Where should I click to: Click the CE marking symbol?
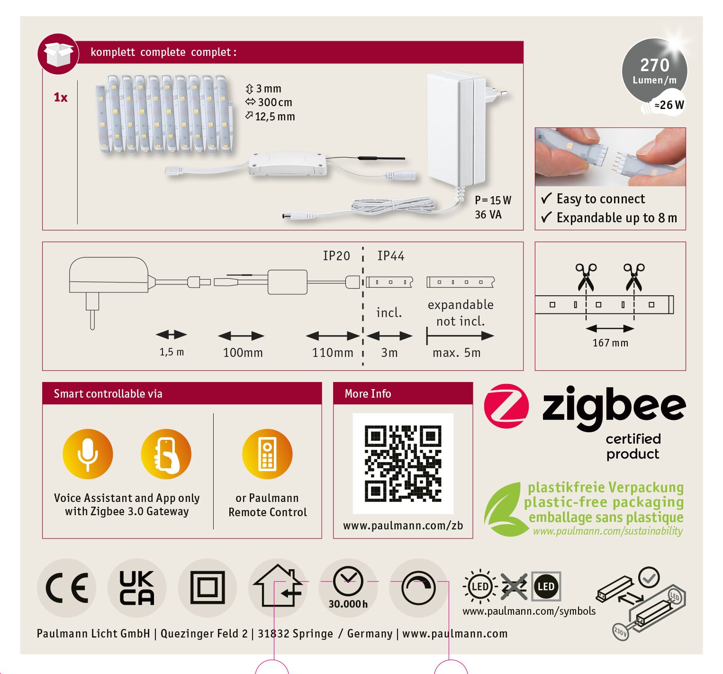pos(67,588)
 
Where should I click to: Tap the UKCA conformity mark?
pos(137,588)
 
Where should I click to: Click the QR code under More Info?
pos(403,463)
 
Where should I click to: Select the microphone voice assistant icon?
pos(88,454)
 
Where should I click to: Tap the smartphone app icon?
pos(166,454)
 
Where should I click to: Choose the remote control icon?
pos(267,454)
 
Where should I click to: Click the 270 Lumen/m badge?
pos(654,71)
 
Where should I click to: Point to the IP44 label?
pos(391,256)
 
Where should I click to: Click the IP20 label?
pos(336,256)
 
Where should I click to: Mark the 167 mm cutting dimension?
pos(610,343)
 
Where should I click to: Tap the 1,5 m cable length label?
pos(172,352)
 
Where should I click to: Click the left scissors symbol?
pos(586,277)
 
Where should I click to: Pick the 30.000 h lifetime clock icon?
pos(348,588)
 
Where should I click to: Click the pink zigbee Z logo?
pos(506,406)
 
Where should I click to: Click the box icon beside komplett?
pos(58,54)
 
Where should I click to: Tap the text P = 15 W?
pos(493,200)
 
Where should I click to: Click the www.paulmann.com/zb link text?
pos(403,526)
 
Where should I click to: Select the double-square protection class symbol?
pos(208,588)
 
